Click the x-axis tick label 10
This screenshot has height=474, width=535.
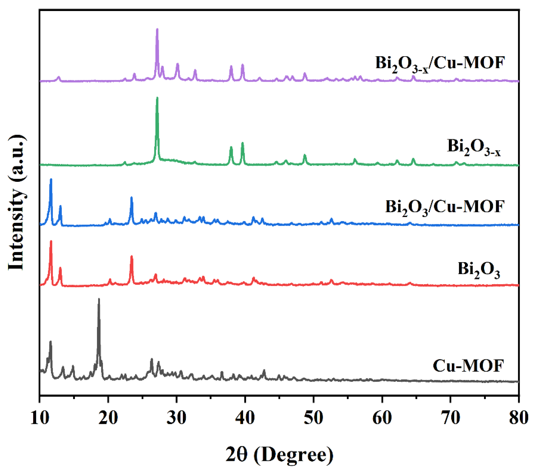click(x=40, y=418)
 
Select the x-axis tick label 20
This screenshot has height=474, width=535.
click(x=108, y=418)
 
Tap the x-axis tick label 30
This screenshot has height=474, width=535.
click(x=177, y=418)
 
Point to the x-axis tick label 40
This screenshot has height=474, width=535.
click(x=245, y=418)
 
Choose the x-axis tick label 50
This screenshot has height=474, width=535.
click(x=313, y=418)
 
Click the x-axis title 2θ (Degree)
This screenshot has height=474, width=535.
click(x=280, y=455)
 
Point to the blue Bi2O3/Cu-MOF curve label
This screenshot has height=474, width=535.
click(x=445, y=207)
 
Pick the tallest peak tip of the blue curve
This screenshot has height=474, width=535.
click(x=51, y=180)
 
